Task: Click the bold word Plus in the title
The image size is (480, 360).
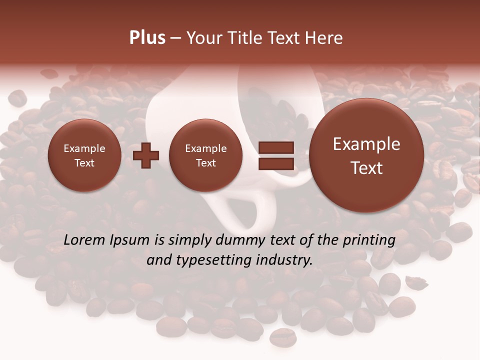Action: pyautogui.click(x=147, y=38)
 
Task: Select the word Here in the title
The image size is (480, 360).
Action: pyautogui.click(x=325, y=38)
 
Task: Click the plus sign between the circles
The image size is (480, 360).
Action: pyautogui.click(x=146, y=155)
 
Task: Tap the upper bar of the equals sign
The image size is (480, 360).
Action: pyautogui.click(x=276, y=148)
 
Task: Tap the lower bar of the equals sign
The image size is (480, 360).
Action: pyautogui.click(x=276, y=164)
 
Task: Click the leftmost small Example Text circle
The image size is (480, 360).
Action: pyautogui.click(x=84, y=155)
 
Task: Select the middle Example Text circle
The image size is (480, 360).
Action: pyautogui.click(x=205, y=155)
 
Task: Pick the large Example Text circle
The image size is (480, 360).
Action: pyautogui.click(x=366, y=155)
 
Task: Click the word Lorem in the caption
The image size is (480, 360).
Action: pyautogui.click(x=84, y=240)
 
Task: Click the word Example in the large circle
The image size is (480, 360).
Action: pyautogui.click(x=366, y=144)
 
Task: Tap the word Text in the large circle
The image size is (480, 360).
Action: pyautogui.click(x=366, y=168)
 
